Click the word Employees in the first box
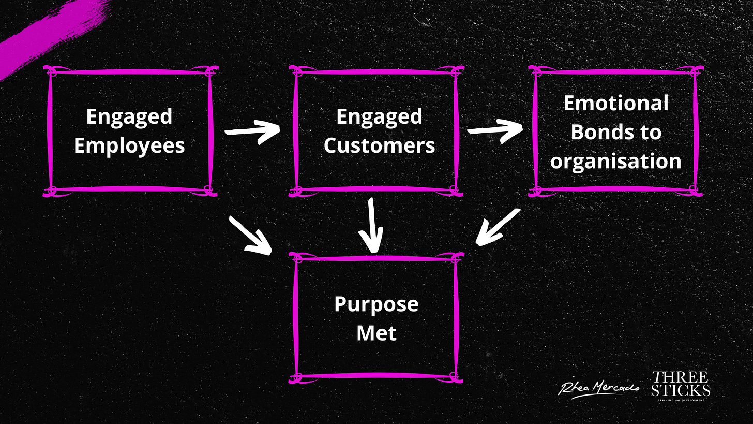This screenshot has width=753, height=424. click(129, 146)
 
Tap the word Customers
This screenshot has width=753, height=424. click(379, 146)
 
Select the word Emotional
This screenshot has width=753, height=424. click(615, 103)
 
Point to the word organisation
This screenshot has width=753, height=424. click(615, 161)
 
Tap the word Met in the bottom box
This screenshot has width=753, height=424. click(376, 332)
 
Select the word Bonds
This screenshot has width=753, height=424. click(600, 132)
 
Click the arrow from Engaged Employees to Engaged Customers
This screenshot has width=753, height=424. click(252, 130)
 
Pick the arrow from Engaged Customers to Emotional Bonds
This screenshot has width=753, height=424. click(495, 129)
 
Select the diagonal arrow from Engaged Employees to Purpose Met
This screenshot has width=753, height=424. click(250, 236)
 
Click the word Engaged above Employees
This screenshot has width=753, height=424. click(129, 116)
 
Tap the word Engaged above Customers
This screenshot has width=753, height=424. click(379, 116)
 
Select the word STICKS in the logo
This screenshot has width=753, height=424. click(680, 390)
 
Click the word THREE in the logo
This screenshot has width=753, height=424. click(680, 377)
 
